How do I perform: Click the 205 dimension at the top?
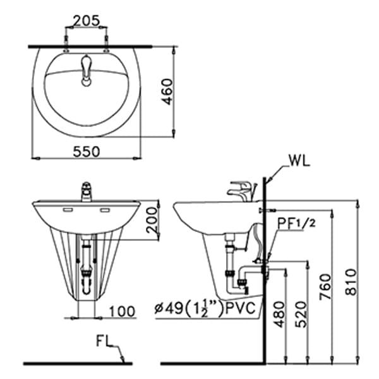tap(86, 20)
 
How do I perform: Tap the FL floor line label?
tap(105, 342)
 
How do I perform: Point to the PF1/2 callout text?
tap(296, 222)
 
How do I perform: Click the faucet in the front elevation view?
tap(86, 191)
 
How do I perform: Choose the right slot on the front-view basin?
tap(105, 209)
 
